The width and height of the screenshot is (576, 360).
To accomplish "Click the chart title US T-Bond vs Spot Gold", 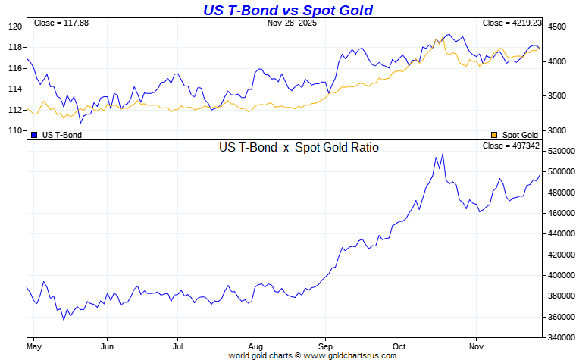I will coord(288,10).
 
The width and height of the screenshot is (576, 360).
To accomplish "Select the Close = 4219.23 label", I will coord(511,23).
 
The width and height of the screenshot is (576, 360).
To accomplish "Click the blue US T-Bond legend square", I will coord(34,134).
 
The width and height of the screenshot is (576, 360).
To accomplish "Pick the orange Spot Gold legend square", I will coord(495,134).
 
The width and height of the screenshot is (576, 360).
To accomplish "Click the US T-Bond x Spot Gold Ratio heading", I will coord(299,148).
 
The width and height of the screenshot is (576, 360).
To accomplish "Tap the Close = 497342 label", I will coord(511,146).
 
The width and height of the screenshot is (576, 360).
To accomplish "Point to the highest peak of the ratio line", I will coord(443,154).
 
